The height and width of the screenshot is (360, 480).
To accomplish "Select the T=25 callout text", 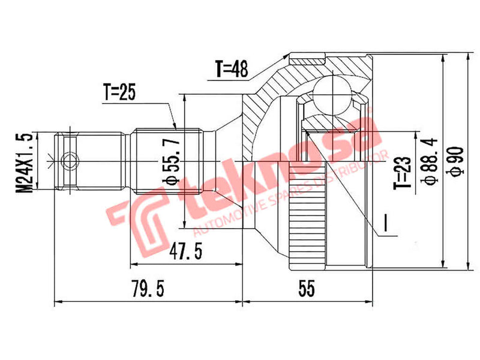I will [120, 91].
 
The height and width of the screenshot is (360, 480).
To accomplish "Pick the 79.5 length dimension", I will [146, 289].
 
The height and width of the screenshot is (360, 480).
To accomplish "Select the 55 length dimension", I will [306, 289].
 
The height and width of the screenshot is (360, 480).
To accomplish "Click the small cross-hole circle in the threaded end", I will [70, 161].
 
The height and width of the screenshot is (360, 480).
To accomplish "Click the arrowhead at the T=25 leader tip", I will [175, 127].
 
